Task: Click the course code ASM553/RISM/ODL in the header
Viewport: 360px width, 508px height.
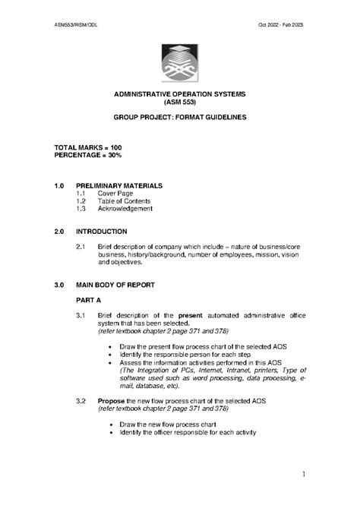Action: pos(75,25)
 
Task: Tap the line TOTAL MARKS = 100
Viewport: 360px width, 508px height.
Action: pos(88,147)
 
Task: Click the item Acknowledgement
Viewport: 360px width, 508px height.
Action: pos(125,209)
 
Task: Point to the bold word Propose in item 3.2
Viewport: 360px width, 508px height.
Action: pos(111,400)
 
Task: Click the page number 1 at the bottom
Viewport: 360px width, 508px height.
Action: pos(302,475)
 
